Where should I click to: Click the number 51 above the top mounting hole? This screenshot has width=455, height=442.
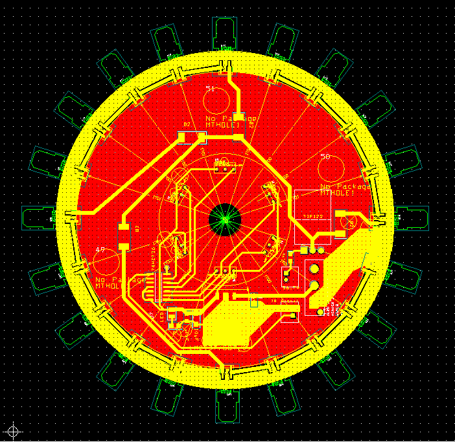click(x=210, y=88)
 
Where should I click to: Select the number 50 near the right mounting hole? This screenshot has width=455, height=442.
click(x=325, y=157)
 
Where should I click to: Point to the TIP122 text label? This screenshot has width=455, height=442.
click(x=313, y=217)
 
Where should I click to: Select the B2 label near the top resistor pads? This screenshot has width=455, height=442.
click(x=187, y=124)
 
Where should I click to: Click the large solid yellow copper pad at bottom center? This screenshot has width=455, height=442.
click(x=227, y=327)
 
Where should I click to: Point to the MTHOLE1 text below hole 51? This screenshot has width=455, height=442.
click(x=223, y=125)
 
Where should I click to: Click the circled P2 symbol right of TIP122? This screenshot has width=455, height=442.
click(x=351, y=224)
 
